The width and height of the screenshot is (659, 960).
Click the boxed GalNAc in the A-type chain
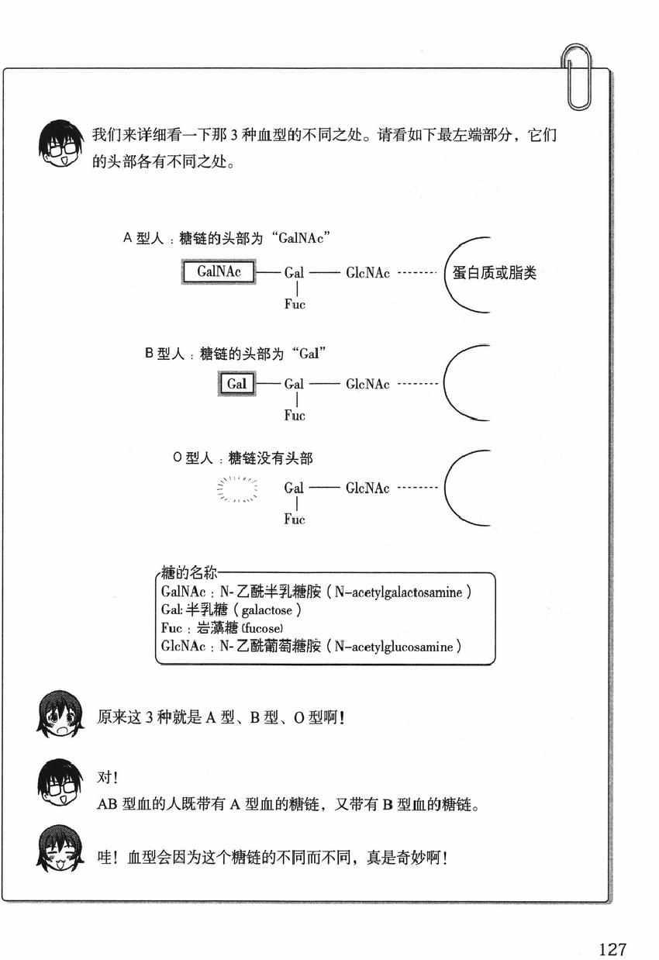pyautogui.click(x=219, y=271)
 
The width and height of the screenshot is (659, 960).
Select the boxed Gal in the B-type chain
pyautogui.click(x=236, y=384)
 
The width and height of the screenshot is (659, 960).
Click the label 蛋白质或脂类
pyautogui.click(x=494, y=273)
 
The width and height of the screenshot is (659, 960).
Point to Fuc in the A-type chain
pyautogui.click(x=295, y=304)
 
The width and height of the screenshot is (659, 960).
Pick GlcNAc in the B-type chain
pyautogui.click(x=367, y=384)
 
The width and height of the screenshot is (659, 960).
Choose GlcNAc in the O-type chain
pyautogui.click(x=367, y=488)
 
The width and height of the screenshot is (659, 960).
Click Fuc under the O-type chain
pyautogui.click(x=295, y=519)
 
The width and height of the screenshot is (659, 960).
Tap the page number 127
pyautogui.click(x=612, y=938)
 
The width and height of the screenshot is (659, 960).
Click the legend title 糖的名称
pyautogui.click(x=189, y=572)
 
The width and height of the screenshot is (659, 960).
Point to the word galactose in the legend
pyautogui.click(x=267, y=610)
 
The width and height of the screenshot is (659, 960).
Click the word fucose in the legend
pyautogui.click(x=263, y=628)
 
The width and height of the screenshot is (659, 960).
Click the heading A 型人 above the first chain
pyautogui.click(x=143, y=238)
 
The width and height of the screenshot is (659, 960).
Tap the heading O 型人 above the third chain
pyautogui.click(x=193, y=458)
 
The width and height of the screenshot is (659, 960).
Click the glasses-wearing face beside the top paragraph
pyautogui.click(x=60, y=144)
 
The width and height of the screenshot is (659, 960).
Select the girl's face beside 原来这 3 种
pyautogui.click(x=59, y=713)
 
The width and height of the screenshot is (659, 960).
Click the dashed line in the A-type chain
pyautogui.click(x=417, y=273)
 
